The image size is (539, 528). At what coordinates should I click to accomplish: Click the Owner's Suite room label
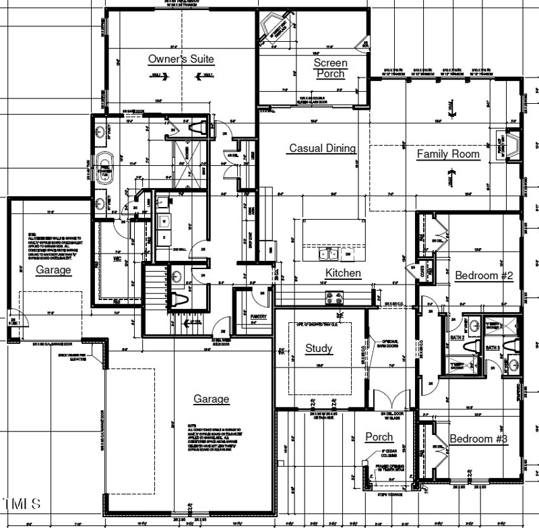click(x=181, y=59)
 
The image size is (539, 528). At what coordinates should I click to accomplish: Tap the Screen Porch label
click(x=330, y=68)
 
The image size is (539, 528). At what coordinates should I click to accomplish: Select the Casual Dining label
click(x=322, y=148)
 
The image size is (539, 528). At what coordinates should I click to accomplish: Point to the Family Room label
click(x=448, y=154)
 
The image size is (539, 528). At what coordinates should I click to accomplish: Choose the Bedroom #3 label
click(x=478, y=439)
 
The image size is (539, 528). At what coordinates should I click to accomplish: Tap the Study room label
click(x=318, y=349)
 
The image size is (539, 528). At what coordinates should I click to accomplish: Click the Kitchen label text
click(x=343, y=273)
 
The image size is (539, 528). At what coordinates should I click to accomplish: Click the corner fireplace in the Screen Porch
click(x=276, y=28)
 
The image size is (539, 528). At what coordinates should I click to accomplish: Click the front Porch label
click(x=379, y=437)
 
